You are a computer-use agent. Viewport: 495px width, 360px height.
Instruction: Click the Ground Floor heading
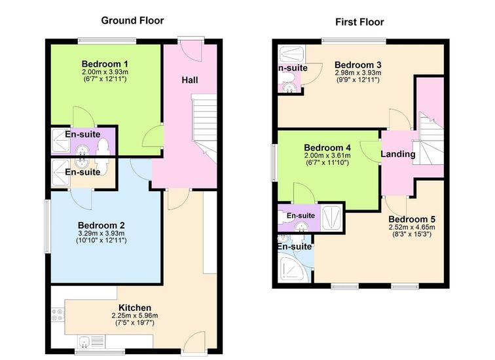pyautogui.click(x=132, y=20)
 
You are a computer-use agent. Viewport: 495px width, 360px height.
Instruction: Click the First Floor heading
pyautogui.click(x=359, y=22)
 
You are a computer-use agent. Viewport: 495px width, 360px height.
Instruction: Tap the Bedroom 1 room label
pyautogui.click(x=105, y=63)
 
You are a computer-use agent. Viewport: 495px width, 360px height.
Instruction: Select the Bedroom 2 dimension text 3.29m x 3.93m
pyautogui.click(x=101, y=233)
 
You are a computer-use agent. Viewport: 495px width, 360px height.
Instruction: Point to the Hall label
pyautogui.click(x=190, y=80)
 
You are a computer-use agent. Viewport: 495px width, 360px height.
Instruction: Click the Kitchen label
pyautogui.click(x=135, y=308)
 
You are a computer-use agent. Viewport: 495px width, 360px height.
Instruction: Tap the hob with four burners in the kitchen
pyautogui.click(x=58, y=315)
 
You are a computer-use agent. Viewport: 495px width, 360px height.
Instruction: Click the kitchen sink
pyautogui.click(x=91, y=342)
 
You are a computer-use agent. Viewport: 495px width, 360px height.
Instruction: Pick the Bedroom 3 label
pyautogui.click(x=357, y=65)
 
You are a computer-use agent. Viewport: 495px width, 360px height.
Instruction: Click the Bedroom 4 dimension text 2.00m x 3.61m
pyautogui.click(x=327, y=156)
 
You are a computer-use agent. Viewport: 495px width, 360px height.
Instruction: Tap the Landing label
pyautogui.click(x=398, y=154)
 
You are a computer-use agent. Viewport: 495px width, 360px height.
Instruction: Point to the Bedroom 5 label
pyautogui.click(x=412, y=219)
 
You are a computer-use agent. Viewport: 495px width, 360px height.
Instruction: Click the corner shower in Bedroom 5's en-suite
pyautogui.click(x=293, y=268)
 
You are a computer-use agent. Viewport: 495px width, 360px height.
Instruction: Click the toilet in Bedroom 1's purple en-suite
pyautogui.click(x=103, y=147)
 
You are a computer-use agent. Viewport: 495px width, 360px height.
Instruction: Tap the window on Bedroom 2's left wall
pyautogui.click(x=47, y=226)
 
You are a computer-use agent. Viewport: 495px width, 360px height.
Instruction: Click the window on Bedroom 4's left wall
pyautogui.click(x=274, y=163)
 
